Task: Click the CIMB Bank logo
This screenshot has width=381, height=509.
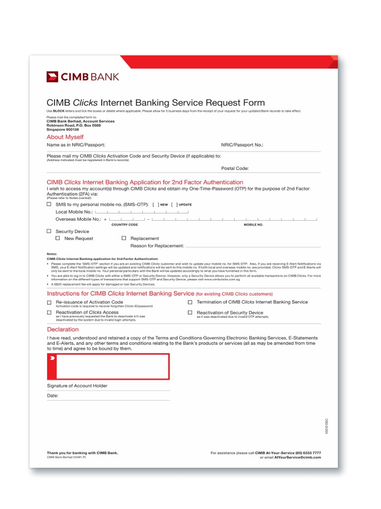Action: (x=83, y=77)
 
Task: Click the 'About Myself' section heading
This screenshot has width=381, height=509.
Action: (x=65, y=137)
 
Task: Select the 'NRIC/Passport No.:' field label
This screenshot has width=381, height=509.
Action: (x=242, y=145)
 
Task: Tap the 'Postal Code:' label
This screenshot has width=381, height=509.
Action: (x=235, y=169)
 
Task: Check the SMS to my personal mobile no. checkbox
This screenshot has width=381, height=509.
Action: (x=49, y=204)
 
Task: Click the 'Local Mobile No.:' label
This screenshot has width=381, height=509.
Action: (x=74, y=212)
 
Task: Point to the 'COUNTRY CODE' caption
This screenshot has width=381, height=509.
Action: (x=125, y=225)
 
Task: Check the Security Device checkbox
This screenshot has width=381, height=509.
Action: (x=49, y=231)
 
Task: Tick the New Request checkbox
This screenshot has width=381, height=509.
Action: (x=58, y=239)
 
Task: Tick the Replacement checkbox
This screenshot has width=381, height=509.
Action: (x=124, y=239)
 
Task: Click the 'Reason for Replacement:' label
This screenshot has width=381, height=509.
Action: (x=157, y=246)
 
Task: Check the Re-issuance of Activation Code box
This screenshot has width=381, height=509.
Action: (x=49, y=303)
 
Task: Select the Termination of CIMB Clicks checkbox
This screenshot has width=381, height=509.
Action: (x=190, y=302)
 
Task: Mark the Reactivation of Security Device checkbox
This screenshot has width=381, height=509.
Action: (x=190, y=313)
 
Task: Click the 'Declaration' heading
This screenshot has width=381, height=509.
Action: (x=63, y=330)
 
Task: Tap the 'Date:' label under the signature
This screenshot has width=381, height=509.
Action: (x=53, y=396)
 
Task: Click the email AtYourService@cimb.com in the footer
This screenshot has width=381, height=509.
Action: (x=298, y=457)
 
